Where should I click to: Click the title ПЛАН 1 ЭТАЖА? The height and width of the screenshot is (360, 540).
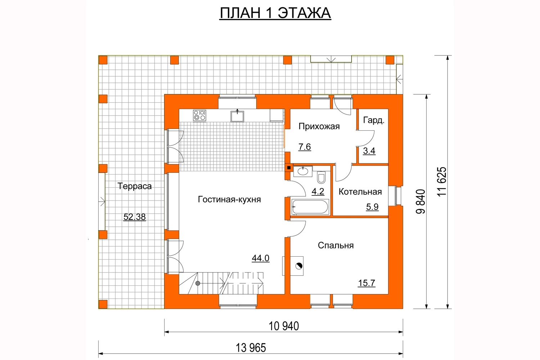275,13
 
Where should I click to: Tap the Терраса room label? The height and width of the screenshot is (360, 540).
135,186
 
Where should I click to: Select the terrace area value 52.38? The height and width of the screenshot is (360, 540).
135,217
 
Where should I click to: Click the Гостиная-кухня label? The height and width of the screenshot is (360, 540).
229,199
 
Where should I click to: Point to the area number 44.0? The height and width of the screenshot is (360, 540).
261,258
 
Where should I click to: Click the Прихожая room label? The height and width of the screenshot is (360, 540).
319,126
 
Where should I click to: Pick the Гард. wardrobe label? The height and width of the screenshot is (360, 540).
374,120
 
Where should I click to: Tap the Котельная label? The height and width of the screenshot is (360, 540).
360,192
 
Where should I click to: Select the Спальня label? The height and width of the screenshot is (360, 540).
336,246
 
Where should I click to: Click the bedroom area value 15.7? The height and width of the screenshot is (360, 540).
366,283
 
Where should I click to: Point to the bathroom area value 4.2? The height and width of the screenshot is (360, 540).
318,192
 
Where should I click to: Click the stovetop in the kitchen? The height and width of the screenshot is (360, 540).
199,116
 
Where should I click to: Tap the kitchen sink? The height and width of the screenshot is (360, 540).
237,116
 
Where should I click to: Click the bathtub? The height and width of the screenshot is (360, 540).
310,207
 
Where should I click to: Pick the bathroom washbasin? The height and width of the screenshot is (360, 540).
303,171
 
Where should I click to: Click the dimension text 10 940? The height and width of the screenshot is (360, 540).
284,326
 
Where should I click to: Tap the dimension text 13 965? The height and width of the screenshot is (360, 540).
251,348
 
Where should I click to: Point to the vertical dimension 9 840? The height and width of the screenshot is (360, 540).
421,202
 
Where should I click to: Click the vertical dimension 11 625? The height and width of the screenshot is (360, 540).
442,181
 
